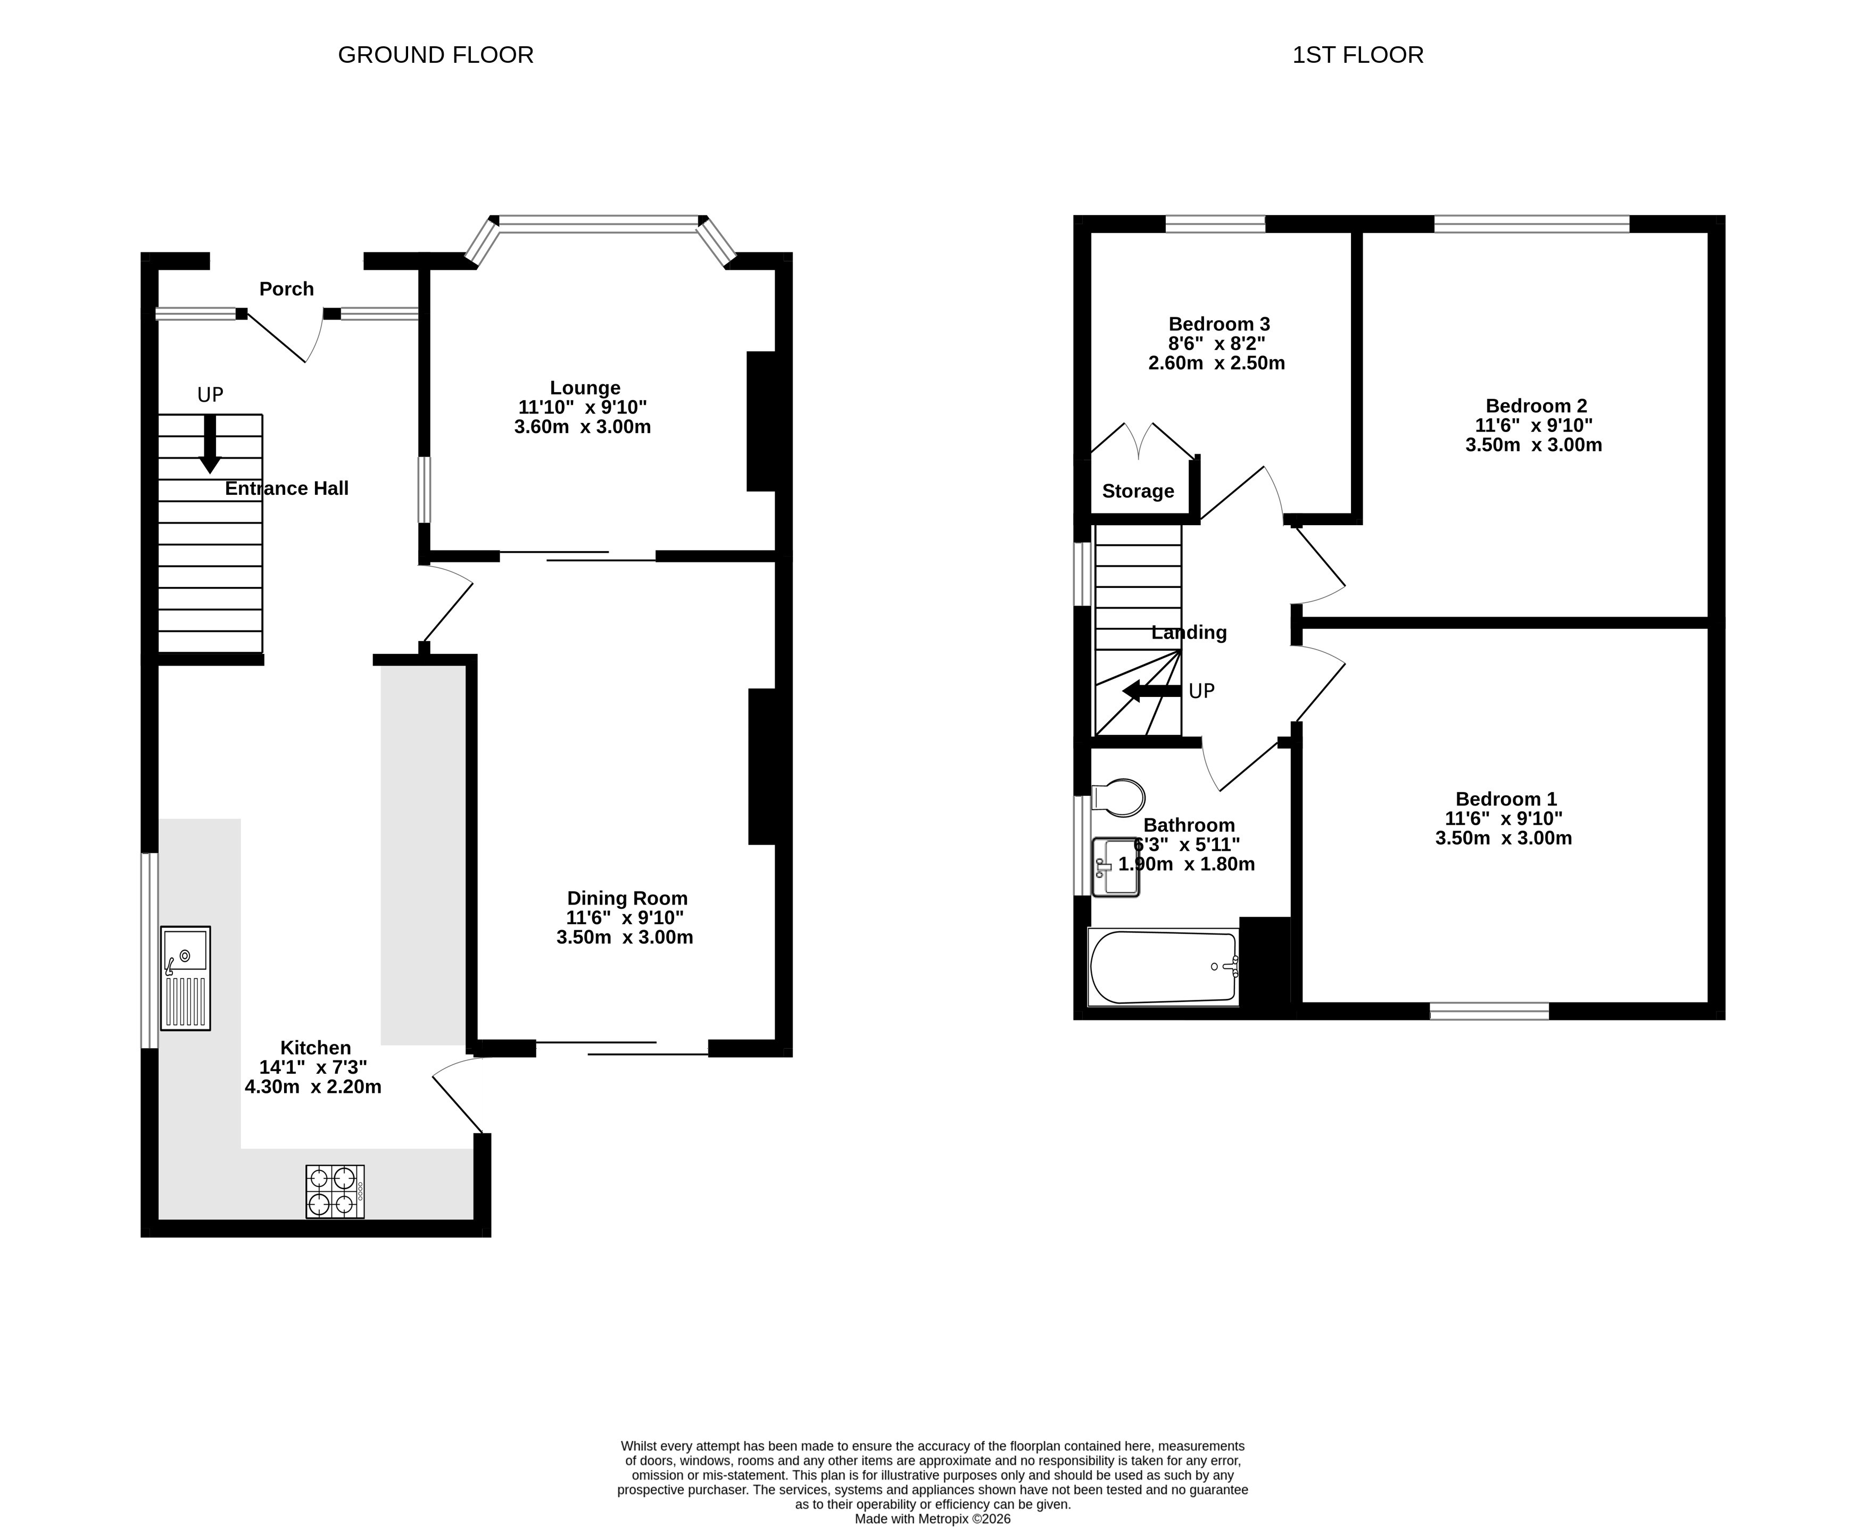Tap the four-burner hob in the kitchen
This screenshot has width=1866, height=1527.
click(x=335, y=1192)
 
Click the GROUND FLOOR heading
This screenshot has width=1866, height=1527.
click(x=435, y=54)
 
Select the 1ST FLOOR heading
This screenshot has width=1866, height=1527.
click(x=1357, y=54)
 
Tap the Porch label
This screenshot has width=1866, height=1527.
click(x=287, y=288)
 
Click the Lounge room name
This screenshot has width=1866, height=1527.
click(x=585, y=388)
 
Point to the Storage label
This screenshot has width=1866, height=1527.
click(x=1138, y=491)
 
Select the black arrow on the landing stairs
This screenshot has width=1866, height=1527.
click(x=1151, y=691)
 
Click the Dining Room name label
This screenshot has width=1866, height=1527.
click(x=627, y=898)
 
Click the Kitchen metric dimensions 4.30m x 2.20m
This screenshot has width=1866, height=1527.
click(x=313, y=1086)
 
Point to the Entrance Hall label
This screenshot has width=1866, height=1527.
click(x=287, y=488)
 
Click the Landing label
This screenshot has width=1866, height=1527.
click(x=1189, y=633)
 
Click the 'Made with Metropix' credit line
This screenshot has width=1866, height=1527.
click(x=933, y=1518)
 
